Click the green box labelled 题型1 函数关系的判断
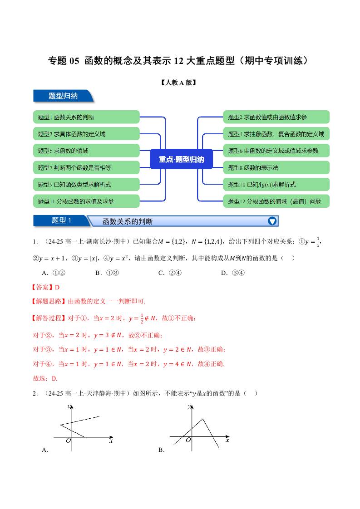pos(86,117)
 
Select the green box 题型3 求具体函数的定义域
pos(86,134)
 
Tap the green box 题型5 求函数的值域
pos(86,151)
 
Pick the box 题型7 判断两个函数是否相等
pos(86,167)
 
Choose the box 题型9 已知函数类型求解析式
pos(86,184)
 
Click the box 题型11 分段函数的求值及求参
pos(86,201)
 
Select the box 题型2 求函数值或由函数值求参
pos(276,117)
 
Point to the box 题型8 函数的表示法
pos(276,167)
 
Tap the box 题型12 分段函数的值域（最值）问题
pos(276,201)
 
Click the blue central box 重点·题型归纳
pos(181,159)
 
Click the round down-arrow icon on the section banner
pos(272,221)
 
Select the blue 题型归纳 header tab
pos(63,96)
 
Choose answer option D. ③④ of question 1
pos(233,273)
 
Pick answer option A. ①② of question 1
pos(54,273)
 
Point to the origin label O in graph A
pos(68,440)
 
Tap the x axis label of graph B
pos(227,440)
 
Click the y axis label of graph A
pos(69,406)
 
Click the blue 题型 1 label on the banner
pos(62,221)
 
